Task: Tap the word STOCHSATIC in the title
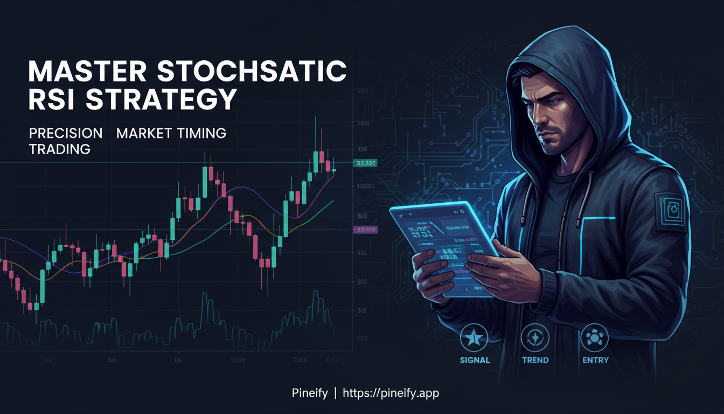pyautogui.click(x=256, y=72)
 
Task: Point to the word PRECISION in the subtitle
pyautogui.click(x=66, y=133)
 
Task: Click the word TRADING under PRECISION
pyautogui.click(x=60, y=149)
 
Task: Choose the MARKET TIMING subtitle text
pyautogui.click(x=171, y=133)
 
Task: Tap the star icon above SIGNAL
pyautogui.click(x=474, y=338)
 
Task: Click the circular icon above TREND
pyautogui.click(x=535, y=338)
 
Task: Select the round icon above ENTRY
pyautogui.click(x=595, y=338)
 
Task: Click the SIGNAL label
pyautogui.click(x=475, y=360)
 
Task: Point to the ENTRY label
pyautogui.click(x=596, y=360)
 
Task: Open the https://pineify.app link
pyautogui.click(x=391, y=393)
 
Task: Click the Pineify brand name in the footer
pyautogui.click(x=309, y=393)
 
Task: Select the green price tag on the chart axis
pyautogui.click(x=365, y=163)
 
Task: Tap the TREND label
pyautogui.click(x=535, y=360)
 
